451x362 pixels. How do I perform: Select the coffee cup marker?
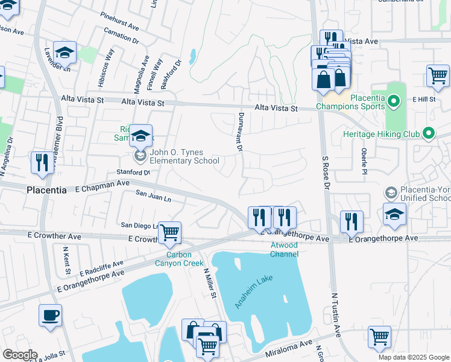tap(50, 315)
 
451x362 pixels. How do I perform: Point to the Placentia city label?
tap(46, 189)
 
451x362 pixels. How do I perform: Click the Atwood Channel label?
tap(284, 250)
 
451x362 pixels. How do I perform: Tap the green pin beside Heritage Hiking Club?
tap(429, 132)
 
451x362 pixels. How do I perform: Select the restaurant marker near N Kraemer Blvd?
tap(42, 162)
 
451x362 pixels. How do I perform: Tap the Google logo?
tap(20, 355)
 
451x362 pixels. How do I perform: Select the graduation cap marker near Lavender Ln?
tap(65, 52)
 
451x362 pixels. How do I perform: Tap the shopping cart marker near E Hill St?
tap(438, 75)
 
